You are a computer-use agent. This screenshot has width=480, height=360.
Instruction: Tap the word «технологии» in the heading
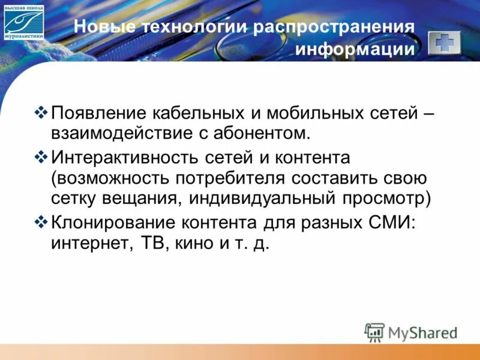tap(192, 28)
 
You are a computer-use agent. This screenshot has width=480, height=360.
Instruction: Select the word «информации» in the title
tap(355, 49)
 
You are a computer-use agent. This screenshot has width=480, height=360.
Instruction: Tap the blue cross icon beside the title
tap(445, 43)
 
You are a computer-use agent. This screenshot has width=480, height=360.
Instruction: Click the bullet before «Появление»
tap(41, 112)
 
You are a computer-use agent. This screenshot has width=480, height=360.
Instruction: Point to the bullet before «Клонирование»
tap(41, 223)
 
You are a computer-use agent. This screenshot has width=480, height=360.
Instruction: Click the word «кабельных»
tap(199, 113)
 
